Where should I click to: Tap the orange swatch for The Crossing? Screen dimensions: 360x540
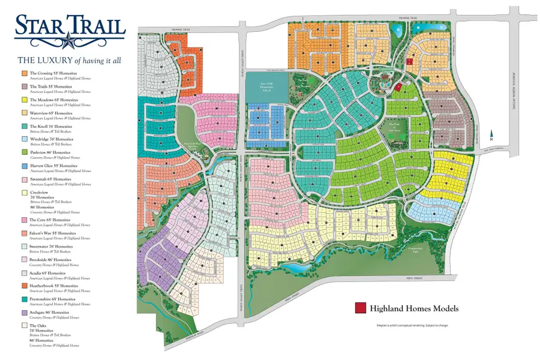point(24,73)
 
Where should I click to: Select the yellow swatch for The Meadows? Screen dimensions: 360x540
point(24,100)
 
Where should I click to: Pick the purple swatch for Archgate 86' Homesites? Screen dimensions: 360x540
point(24,313)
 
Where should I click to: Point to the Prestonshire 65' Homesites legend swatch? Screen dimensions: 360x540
point(24,299)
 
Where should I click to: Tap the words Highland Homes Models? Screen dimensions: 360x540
point(413,308)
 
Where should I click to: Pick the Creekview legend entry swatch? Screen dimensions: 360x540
point(24,193)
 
